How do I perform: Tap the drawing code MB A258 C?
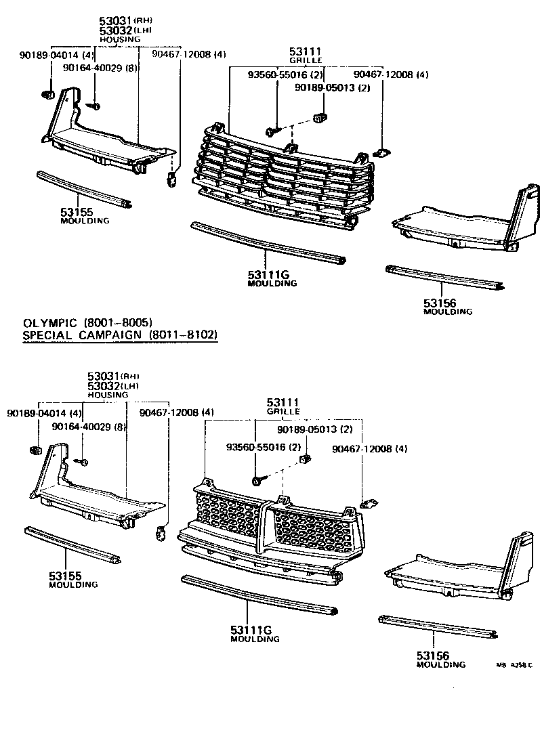[514, 665]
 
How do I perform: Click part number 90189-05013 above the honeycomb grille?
[314, 429]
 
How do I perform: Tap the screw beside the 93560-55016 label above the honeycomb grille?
[259, 479]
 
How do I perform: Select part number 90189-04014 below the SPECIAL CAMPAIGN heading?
[45, 412]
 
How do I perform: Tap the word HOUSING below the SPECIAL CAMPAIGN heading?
[108, 394]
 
